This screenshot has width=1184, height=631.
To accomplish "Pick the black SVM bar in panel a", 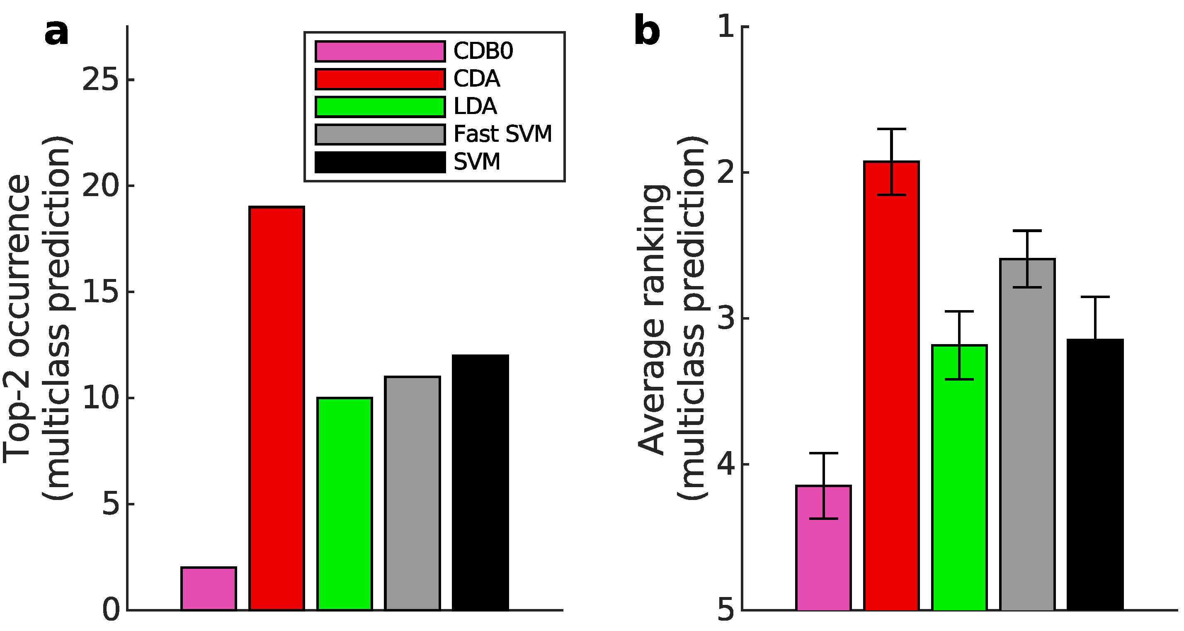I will pos(480,483).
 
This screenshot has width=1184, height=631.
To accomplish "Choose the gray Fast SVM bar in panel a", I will pos(412,493).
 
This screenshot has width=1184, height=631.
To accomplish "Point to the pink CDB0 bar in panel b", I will pos(823,547).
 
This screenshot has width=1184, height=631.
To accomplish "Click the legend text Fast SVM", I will pos(502,134).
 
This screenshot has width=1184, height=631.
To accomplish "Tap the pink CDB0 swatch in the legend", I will pos(380,51).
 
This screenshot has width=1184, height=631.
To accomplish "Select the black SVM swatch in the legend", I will pos(380,162).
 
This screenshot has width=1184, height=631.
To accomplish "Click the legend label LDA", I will pos(475,107).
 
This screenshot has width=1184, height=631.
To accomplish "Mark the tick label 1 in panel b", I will pos(726,28).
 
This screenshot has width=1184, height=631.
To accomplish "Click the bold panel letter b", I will pos(647,31).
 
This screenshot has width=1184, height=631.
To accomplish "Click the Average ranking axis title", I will pos(651,319).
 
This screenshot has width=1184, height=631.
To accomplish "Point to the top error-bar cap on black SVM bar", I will pos(1095,297).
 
